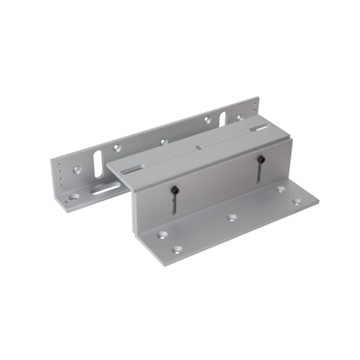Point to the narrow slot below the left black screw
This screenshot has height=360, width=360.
(x=175, y=204)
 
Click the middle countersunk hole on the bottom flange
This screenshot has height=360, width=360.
(x=232, y=216)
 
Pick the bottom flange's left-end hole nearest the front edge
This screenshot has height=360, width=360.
(x=177, y=250)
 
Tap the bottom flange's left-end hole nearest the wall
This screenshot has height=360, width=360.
(x=160, y=235)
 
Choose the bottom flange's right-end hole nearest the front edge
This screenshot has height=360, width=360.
(x=297, y=202)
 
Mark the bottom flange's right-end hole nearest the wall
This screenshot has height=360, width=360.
(x=280, y=190)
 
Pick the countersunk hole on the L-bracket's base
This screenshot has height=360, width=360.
(x=74, y=196)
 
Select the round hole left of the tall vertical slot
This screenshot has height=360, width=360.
(x=78, y=171)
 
